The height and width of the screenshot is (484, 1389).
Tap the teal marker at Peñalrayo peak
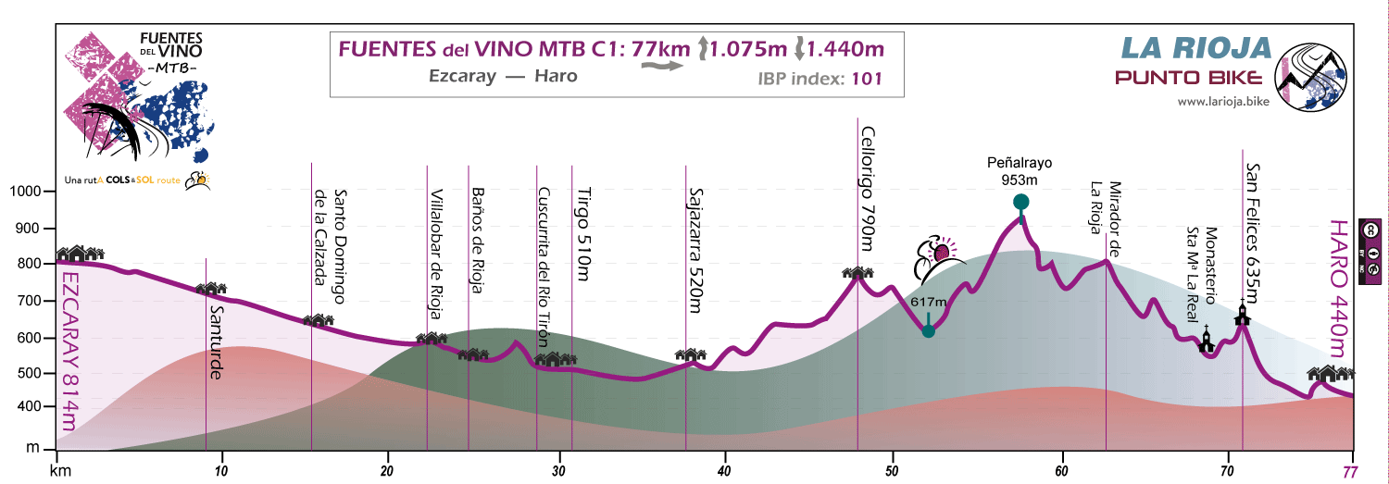(1020, 203)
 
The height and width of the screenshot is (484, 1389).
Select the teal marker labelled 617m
(928, 331)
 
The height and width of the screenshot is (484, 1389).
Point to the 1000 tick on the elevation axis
(26, 192)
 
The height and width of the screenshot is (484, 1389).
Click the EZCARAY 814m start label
(67, 351)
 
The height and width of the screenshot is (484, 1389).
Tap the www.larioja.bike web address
(1222, 102)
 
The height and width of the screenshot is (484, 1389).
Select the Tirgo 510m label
(582, 235)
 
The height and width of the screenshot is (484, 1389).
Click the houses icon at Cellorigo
(857, 272)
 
